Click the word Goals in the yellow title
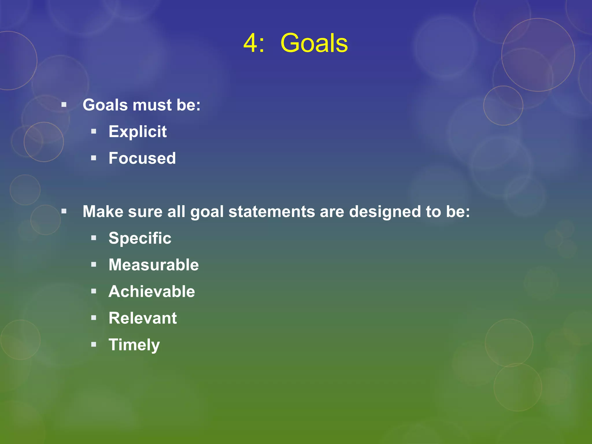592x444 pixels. click(x=314, y=43)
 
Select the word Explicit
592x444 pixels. click(x=138, y=132)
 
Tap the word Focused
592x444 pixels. click(x=142, y=158)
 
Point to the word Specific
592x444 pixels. click(x=140, y=238)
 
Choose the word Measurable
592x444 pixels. click(x=153, y=265)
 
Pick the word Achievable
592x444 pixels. click(x=152, y=291)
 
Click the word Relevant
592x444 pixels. click(x=143, y=318)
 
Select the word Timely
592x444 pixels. click(x=134, y=345)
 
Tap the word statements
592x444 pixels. click(x=271, y=212)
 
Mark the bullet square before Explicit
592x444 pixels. click(x=93, y=132)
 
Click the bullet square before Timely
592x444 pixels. click(x=93, y=344)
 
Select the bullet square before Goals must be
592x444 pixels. click(x=64, y=104)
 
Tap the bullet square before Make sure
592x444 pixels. click(x=64, y=211)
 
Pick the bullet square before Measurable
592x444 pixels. click(x=93, y=264)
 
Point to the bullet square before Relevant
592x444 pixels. click(x=93, y=318)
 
